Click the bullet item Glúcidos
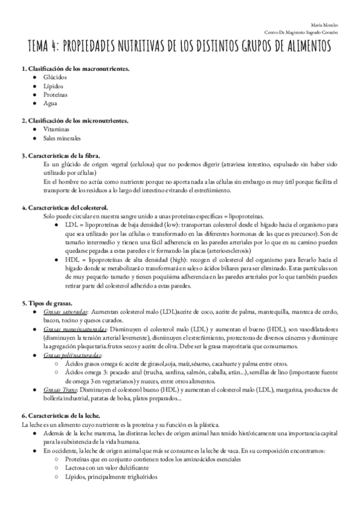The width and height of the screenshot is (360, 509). [x=55, y=77]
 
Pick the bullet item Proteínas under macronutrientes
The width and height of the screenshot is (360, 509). [x=56, y=95]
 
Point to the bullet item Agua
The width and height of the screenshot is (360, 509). [x=50, y=103]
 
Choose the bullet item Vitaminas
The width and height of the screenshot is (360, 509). [x=56, y=129]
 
